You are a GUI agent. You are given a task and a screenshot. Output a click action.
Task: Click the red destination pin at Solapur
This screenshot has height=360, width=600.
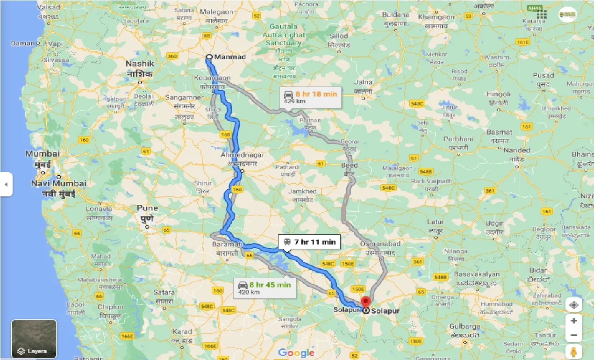[365, 301]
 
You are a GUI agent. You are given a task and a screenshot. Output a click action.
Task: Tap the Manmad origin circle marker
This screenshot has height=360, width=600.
[209, 57]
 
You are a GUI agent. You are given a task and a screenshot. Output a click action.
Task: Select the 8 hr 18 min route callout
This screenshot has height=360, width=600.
[309, 97]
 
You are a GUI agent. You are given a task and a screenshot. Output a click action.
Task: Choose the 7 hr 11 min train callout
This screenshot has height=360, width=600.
[309, 242]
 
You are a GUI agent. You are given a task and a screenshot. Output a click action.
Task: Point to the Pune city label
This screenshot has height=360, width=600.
[147, 208]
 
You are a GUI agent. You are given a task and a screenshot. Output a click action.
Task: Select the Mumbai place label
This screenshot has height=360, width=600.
[43, 154]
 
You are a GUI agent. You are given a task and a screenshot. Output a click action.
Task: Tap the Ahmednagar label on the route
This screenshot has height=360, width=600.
[243, 155]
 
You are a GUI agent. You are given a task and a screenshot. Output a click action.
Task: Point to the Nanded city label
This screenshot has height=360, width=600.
[517, 150]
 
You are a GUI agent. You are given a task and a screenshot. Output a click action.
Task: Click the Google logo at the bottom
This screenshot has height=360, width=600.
[296, 353]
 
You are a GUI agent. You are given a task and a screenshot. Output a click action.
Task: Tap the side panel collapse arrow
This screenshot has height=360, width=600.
[6, 184]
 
